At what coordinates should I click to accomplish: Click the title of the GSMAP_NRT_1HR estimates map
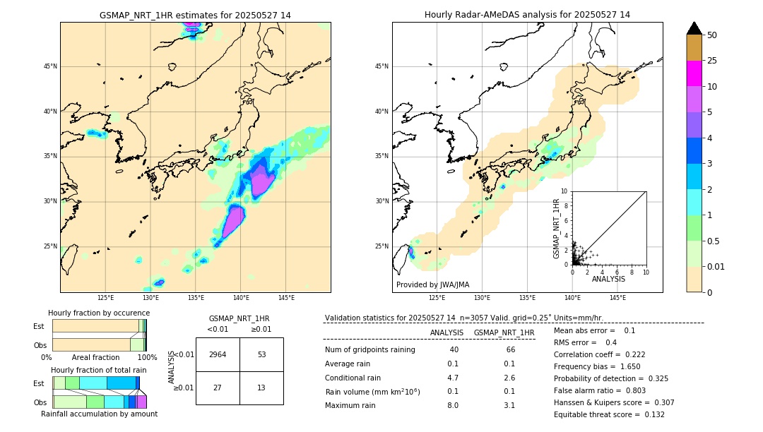click(195, 15)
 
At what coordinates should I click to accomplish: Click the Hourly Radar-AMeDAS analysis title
click(527, 15)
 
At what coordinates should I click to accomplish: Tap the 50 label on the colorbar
click(712, 35)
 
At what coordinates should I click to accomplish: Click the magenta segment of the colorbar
click(694, 73)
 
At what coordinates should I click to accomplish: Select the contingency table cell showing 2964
click(218, 354)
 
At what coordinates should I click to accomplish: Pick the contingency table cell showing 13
click(261, 388)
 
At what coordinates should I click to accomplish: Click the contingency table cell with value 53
click(261, 354)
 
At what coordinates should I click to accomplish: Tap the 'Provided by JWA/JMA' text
click(432, 284)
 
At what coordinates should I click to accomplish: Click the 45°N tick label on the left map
click(50, 66)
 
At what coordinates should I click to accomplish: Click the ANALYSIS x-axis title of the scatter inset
click(608, 279)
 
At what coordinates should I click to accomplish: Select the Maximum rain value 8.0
click(452, 405)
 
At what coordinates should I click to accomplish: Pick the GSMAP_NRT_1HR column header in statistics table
click(504, 332)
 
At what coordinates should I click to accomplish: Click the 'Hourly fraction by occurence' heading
click(99, 313)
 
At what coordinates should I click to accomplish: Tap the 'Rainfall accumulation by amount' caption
click(99, 414)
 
